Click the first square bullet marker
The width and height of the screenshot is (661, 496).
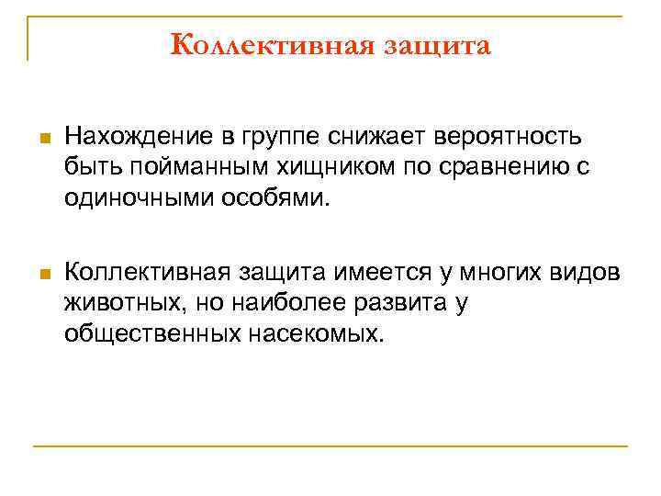click(42, 140)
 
